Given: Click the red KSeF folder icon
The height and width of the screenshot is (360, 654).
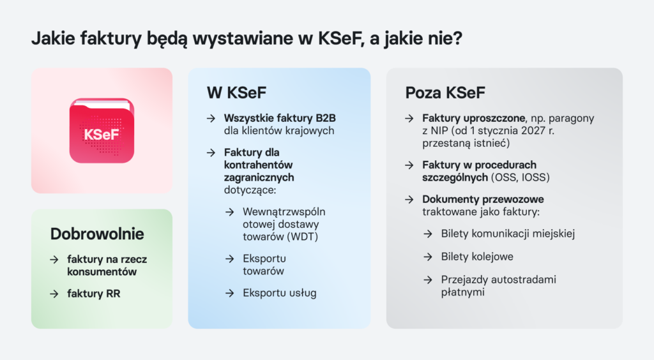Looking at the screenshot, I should pyautogui.click(x=102, y=131).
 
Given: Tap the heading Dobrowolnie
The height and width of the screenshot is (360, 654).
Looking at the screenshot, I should pyautogui.click(x=97, y=234).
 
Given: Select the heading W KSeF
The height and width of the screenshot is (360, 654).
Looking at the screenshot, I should pyautogui.click(x=236, y=93).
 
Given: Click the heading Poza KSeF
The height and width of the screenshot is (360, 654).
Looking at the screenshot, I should pyautogui.click(x=445, y=93).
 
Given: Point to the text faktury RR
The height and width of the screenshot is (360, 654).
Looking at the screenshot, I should pyautogui.click(x=94, y=294).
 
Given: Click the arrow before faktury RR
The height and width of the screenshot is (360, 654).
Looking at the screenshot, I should pyautogui.click(x=54, y=294).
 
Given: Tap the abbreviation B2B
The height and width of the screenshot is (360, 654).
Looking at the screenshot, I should pyautogui.click(x=324, y=119).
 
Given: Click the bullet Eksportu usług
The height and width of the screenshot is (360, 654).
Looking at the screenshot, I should pyautogui.click(x=280, y=293).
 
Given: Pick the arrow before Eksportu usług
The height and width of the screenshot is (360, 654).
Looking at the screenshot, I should pyautogui.click(x=229, y=293).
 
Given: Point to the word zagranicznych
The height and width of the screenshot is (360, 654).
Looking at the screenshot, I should pyautogui.click(x=259, y=177).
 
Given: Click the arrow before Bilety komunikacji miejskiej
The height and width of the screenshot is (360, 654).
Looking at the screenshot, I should pyautogui.click(x=428, y=234).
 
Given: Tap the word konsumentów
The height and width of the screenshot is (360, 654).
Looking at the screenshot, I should pyautogui.click(x=102, y=271).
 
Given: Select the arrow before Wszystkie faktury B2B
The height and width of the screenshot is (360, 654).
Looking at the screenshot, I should pyautogui.click(x=211, y=119).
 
